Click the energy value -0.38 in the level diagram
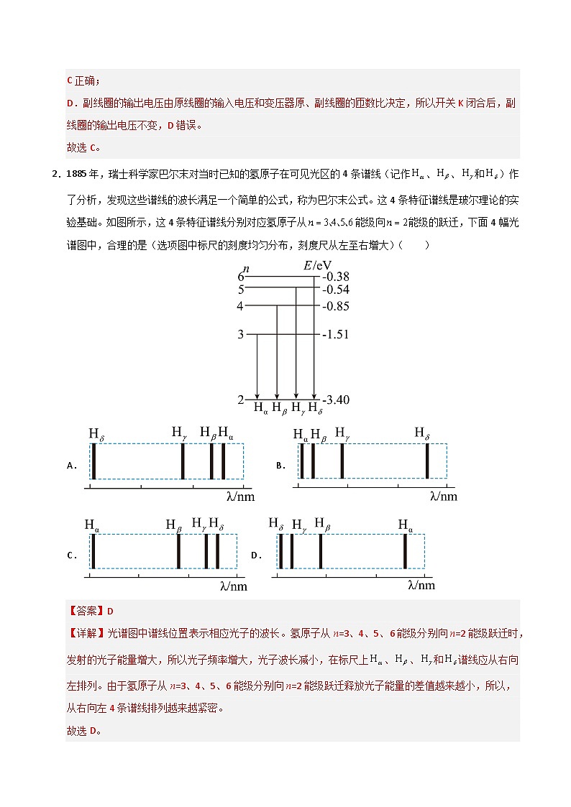tap(337, 277)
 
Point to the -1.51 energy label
tap(336, 334)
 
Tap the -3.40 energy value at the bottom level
tap(336, 400)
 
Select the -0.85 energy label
tap(336, 306)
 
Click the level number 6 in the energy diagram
tap(241, 277)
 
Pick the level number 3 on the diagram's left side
tap(241, 334)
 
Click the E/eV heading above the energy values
tap(317, 266)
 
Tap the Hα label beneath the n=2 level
tap(261, 408)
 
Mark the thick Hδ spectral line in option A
tap(94, 461)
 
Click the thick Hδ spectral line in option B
tap(427, 461)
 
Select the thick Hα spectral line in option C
tap(93, 552)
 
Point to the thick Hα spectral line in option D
tap(406, 552)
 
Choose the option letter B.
tap(281, 466)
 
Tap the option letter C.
tap(71, 555)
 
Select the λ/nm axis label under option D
tap(421, 586)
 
